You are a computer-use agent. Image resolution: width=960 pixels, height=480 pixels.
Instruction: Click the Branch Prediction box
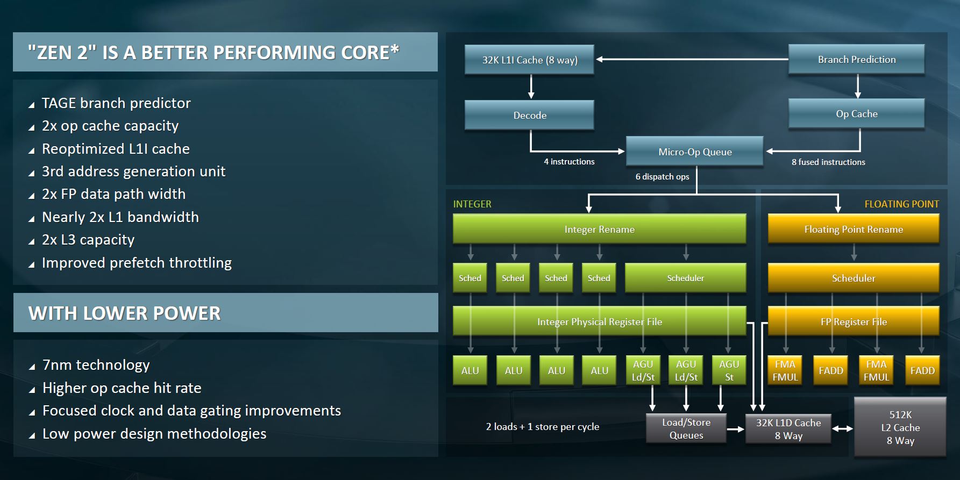[856, 60]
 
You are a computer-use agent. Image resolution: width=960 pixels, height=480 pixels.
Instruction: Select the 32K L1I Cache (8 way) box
[529, 60]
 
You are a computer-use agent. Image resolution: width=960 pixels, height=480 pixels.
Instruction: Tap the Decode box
[529, 115]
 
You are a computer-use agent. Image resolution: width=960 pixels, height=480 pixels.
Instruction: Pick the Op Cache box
[856, 114]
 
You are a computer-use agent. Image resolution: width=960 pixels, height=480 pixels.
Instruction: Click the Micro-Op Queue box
[694, 152]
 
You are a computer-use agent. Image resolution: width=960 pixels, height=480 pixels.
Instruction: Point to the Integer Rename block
[599, 230]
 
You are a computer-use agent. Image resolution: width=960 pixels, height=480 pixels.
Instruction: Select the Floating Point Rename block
[853, 230]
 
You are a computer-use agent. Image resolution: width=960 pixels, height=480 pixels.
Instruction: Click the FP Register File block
[853, 322]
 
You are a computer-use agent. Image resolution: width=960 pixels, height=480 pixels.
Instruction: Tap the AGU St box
[729, 370]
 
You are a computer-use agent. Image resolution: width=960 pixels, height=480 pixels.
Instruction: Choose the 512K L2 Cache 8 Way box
[900, 428]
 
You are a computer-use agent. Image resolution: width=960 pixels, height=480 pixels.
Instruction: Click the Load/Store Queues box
[686, 429]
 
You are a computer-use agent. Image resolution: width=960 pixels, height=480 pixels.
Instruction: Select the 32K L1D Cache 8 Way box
[788, 429]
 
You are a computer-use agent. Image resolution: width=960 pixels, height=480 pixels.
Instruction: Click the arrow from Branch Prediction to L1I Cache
[691, 59]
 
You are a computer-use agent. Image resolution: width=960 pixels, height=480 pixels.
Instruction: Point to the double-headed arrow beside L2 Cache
[843, 429]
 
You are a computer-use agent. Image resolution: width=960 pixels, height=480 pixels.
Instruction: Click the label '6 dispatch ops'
[662, 177]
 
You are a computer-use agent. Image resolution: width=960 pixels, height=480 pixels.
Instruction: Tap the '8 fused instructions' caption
[828, 162]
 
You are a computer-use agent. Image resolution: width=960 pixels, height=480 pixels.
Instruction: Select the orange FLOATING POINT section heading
[901, 204]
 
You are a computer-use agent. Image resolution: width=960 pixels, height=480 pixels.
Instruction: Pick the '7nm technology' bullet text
[96, 365]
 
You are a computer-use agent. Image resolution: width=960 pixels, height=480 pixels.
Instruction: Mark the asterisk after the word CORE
[395, 49]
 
